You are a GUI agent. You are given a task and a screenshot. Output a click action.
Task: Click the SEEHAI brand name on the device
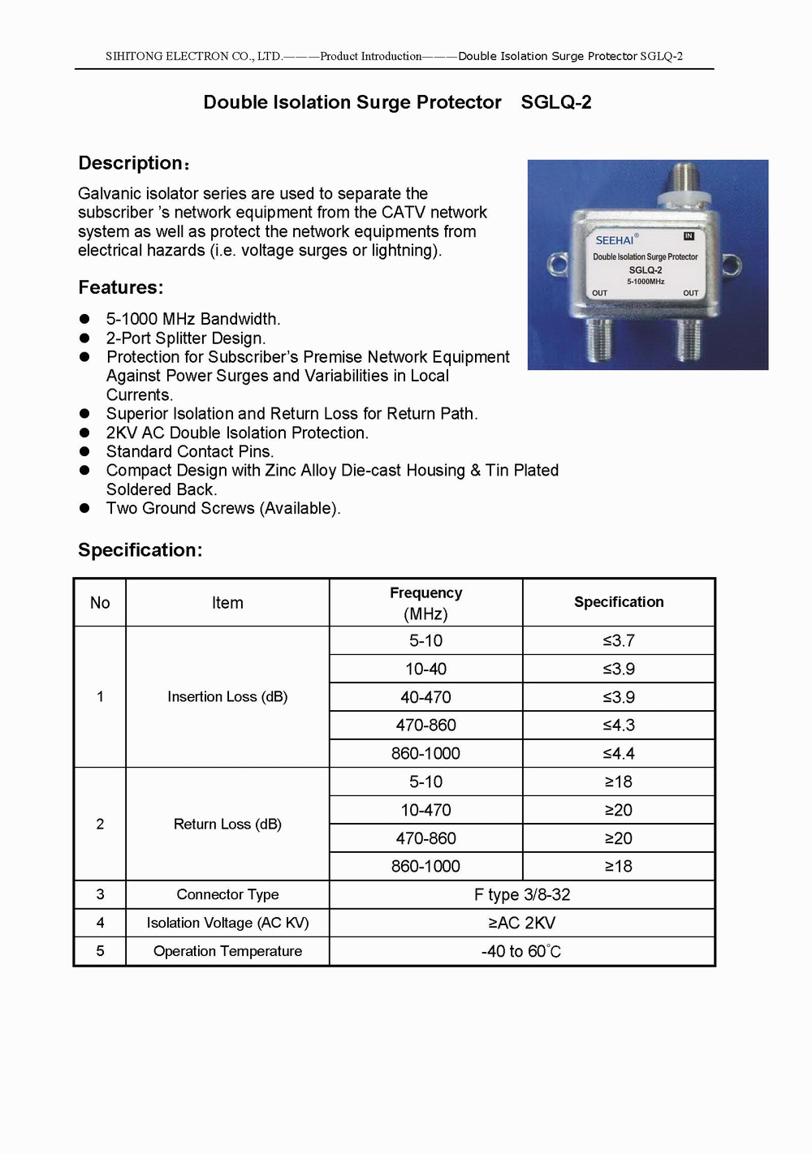point(615,240)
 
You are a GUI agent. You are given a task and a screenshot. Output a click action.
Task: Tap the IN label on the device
point(689,236)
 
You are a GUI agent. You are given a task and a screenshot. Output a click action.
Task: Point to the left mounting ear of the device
point(557,265)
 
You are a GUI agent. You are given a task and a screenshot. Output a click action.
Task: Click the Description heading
point(132,163)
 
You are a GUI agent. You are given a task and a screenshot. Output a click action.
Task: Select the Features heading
point(120,287)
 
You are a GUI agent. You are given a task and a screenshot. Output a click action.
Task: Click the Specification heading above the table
point(140,550)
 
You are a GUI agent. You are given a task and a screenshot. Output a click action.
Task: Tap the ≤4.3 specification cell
point(619,726)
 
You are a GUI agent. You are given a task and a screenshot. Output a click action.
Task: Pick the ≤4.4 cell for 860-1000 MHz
point(619,754)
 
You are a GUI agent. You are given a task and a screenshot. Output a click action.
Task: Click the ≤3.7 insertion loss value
point(619,641)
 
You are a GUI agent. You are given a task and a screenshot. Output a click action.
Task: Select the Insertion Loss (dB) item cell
point(227,697)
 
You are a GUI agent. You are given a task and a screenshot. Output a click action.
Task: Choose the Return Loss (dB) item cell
point(227,825)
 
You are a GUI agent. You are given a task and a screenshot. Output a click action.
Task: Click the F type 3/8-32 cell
point(522,895)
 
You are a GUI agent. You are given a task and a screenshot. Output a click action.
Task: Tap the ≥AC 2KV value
point(522,924)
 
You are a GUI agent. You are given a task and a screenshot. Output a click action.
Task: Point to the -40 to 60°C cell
point(521,952)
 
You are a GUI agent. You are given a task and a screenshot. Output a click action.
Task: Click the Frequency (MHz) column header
point(425,603)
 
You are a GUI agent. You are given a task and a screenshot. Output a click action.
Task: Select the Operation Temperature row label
point(227,951)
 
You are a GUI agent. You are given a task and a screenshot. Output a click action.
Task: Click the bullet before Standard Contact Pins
point(84,451)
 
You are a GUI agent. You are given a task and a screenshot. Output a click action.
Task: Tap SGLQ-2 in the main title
point(556,102)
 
